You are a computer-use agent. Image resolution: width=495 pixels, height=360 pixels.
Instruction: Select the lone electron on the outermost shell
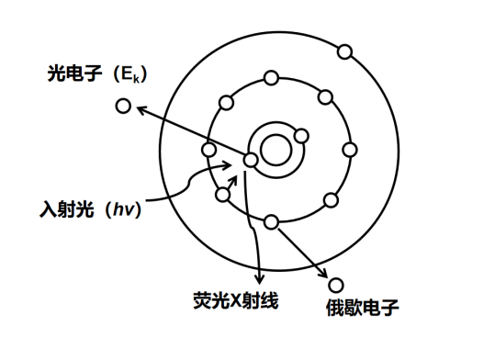click(344, 51)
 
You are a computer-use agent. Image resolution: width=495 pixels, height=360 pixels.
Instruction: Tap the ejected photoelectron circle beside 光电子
click(122, 107)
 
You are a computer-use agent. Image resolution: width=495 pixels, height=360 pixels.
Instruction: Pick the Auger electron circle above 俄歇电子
click(336, 286)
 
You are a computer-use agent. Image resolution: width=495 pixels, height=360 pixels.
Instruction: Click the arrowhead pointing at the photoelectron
click(137, 110)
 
